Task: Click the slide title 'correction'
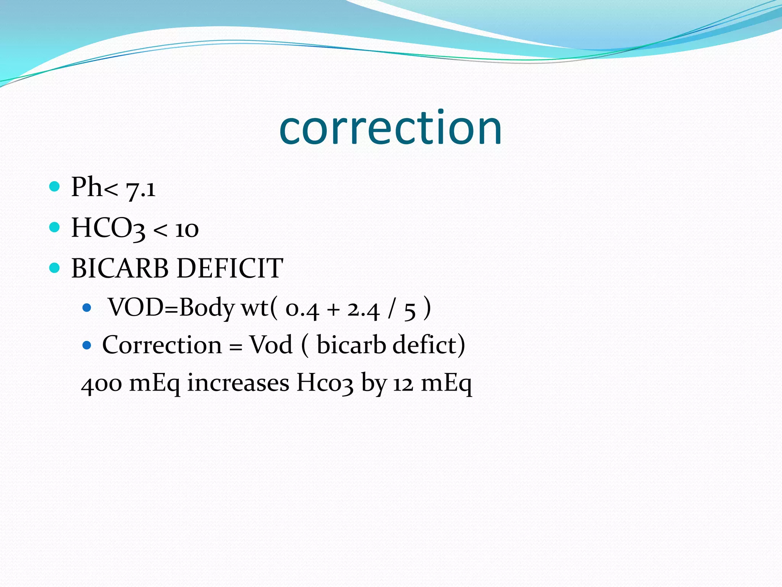click(x=390, y=128)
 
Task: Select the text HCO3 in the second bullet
click(x=108, y=228)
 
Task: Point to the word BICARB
click(x=120, y=268)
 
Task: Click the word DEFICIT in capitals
click(x=230, y=268)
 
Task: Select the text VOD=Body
click(x=171, y=307)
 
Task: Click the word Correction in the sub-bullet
click(x=162, y=345)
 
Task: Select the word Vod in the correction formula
click(x=271, y=345)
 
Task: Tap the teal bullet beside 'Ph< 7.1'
click(x=55, y=186)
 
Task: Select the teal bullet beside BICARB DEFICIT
click(x=55, y=268)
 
